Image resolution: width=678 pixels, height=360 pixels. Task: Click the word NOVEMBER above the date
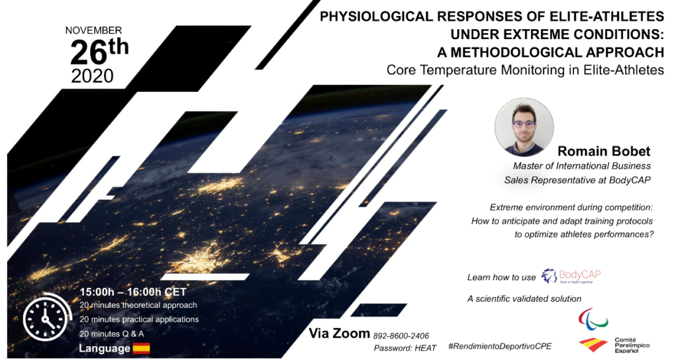tap(93, 30)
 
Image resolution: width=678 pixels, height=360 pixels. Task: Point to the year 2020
tap(92, 76)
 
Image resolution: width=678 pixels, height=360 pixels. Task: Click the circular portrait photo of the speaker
tap(524, 126)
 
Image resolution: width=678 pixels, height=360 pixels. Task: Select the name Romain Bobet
tap(604, 151)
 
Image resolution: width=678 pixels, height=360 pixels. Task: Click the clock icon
tap(47, 317)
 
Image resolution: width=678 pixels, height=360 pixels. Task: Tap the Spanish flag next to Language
tap(142, 348)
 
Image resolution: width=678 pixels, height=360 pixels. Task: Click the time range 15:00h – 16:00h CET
tap(132, 292)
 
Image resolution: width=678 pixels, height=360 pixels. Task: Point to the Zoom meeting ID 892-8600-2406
tap(401, 336)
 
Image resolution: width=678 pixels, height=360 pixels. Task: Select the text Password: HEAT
tap(405, 348)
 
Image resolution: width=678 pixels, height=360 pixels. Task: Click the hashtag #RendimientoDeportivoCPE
tap(501, 346)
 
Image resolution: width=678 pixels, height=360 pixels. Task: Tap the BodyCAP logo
tap(571, 276)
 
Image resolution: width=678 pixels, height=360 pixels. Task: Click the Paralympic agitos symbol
tap(593, 318)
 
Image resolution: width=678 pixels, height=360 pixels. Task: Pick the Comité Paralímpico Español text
tap(632, 345)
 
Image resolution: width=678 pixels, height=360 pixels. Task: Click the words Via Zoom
tap(339, 334)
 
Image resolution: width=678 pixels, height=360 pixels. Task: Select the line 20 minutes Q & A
tap(111, 334)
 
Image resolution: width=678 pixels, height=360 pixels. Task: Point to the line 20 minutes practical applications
tap(139, 320)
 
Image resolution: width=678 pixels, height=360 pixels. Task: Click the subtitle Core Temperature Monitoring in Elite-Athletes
tap(525, 69)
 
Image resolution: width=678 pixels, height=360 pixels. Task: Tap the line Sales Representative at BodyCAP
tap(577, 180)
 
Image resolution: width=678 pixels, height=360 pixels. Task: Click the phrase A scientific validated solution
tap(524, 298)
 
